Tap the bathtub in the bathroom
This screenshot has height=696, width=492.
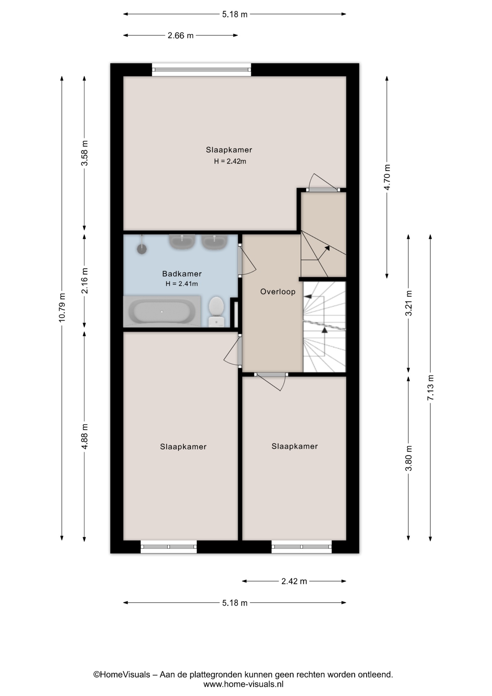(x=162, y=311)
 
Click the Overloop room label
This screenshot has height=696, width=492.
(x=278, y=291)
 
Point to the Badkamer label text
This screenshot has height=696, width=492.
(x=182, y=274)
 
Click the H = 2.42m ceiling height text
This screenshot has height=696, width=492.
(x=230, y=161)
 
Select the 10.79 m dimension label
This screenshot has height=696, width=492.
(x=62, y=307)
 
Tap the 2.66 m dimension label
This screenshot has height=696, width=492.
(x=180, y=36)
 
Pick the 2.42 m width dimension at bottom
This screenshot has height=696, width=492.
(x=294, y=581)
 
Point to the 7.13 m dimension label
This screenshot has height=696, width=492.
(x=430, y=387)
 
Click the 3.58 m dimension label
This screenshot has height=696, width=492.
(x=84, y=153)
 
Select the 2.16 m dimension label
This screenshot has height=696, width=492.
(x=84, y=281)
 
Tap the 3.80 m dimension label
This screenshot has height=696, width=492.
(x=409, y=458)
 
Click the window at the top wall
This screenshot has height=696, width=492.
(x=201, y=70)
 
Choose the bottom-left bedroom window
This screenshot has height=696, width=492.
(x=168, y=547)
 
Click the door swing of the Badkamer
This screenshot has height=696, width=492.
(x=247, y=260)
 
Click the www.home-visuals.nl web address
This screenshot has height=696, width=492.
(x=243, y=684)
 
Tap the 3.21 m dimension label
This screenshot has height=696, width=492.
(x=409, y=303)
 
